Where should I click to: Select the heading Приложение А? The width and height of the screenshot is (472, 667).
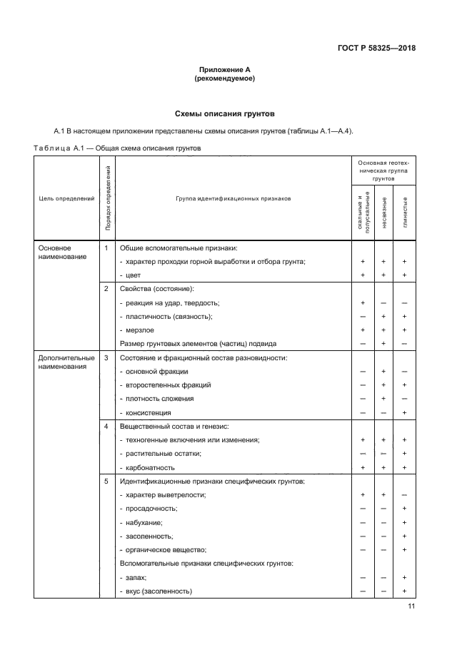pos(225,70)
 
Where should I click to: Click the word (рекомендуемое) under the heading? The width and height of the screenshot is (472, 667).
pos(225,78)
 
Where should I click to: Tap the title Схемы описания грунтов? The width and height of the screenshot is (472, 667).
pos(225,113)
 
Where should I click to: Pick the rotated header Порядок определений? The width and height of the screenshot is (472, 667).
pos(107,200)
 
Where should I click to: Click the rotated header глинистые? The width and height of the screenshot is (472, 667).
pos(405,212)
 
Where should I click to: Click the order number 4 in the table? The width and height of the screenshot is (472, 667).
pos(106,426)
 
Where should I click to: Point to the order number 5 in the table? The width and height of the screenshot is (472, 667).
pos(106,481)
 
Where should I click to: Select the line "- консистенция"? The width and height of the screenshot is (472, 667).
pos(149,412)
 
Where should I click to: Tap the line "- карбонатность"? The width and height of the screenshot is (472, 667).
pos(150,467)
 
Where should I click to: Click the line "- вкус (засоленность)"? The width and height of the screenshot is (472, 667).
pos(159,591)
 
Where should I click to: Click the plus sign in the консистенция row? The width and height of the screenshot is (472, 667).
pos(404,412)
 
